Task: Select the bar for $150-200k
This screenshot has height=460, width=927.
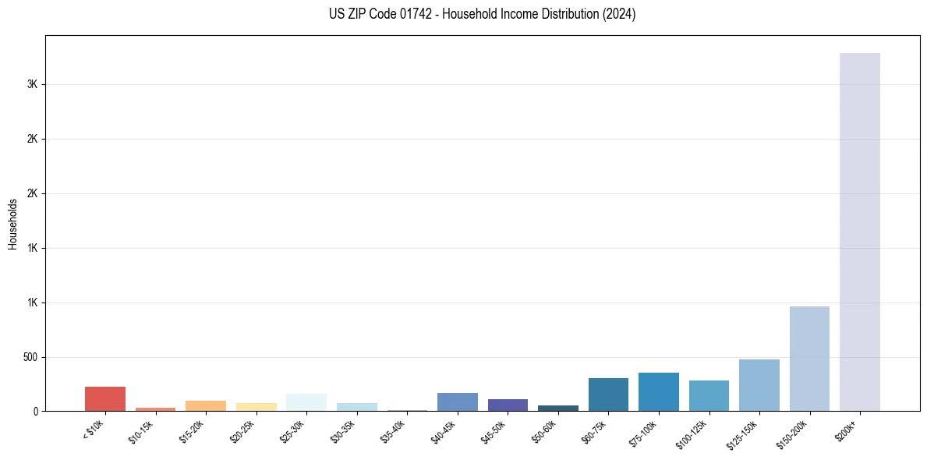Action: click(809, 359)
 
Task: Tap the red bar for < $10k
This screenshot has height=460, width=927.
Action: click(105, 398)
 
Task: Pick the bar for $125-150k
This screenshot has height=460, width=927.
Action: click(759, 385)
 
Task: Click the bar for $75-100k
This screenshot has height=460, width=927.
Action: click(658, 391)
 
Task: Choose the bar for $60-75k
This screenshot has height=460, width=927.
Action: click(608, 395)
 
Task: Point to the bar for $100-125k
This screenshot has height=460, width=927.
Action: click(709, 395)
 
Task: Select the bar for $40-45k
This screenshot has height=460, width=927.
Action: click(457, 402)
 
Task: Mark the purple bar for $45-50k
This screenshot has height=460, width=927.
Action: click(508, 405)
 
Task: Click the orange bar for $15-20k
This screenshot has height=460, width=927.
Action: click(206, 405)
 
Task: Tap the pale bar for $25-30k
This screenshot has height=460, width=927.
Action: click(306, 402)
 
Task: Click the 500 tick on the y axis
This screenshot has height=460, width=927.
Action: click(30, 357)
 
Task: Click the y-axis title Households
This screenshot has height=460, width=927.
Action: click(13, 224)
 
